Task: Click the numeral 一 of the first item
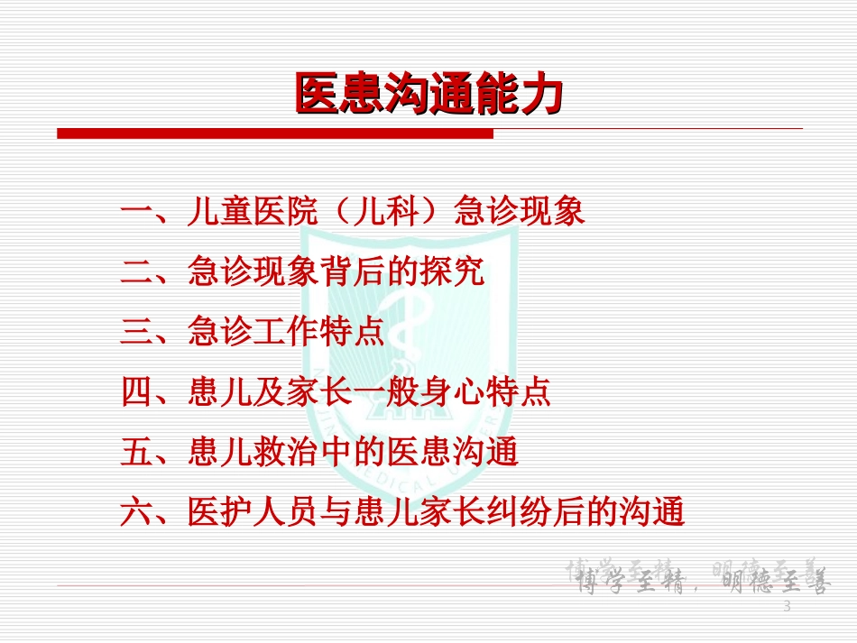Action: point(137,213)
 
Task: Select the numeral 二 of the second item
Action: point(137,272)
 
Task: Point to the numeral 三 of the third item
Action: point(137,333)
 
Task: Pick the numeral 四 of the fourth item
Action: point(137,393)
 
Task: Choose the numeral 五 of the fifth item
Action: point(137,453)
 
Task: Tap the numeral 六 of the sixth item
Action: point(137,513)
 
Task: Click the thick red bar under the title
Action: point(275,133)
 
